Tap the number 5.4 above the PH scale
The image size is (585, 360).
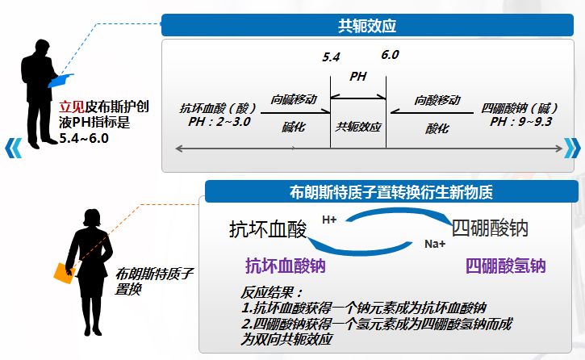point(332,57)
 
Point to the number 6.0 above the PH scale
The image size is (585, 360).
point(391,55)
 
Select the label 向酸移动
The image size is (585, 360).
point(432,100)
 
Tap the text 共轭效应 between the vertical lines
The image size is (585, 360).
point(358,128)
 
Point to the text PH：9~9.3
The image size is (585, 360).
point(516,120)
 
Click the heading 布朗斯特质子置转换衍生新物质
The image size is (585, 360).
point(391,193)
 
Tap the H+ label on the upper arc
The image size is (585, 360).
point(329,219)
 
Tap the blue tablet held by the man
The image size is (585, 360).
point(61,79)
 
